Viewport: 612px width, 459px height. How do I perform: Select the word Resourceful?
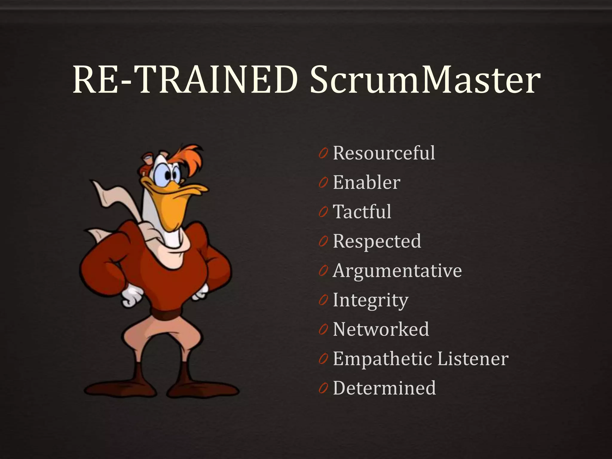(x=384, y=153)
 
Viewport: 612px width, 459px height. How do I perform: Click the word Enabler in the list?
(x=366, y=182)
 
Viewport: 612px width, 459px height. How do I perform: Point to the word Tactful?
(x=362, y=212)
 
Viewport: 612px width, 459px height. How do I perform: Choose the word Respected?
(x=377, y=241)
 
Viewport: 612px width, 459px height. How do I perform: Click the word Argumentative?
(x=397, y=271)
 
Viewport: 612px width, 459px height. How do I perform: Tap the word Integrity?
(x=370, y=300)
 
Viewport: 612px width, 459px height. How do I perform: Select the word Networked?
(x=381, y=329)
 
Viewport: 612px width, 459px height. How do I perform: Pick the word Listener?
(x=473, y=359)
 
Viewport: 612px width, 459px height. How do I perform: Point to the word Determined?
(x=384, y=388)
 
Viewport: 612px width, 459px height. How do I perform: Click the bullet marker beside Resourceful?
(x=323, y=154)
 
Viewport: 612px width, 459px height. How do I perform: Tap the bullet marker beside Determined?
(x=323, y=389)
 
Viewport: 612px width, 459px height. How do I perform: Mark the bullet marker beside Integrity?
(x=323, y=301)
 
